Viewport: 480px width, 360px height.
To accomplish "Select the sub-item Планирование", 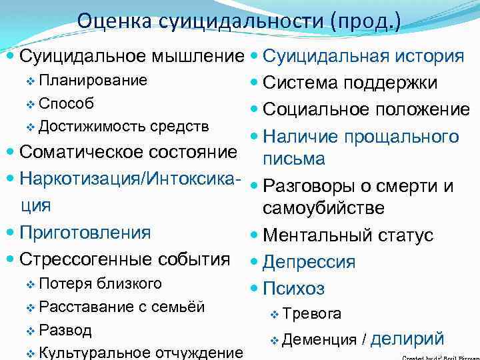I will coord(93,81).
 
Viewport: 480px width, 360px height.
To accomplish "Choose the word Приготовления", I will coord(85,233).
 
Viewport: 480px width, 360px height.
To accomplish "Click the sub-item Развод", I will coord(65,330).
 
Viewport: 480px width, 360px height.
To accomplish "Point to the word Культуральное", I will coord(93,352).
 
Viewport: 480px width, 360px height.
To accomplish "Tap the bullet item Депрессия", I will coord(309,262).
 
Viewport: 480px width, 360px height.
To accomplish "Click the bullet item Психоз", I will coord(294,289).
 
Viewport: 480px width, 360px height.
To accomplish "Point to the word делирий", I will coord(407,339).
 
